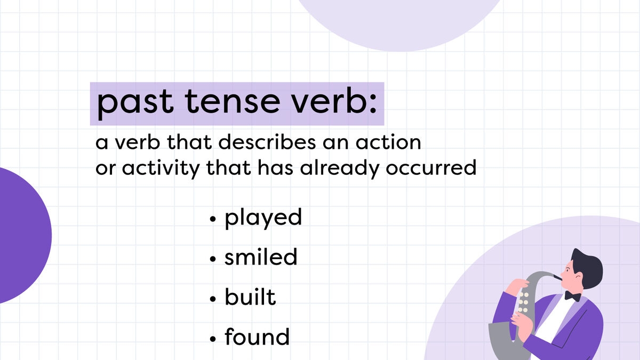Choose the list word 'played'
(263, 218)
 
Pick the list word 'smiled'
(261, 257)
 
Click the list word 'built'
(250, 297)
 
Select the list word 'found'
(257, 337)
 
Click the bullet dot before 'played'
(213, 219)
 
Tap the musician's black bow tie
(573, 295)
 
